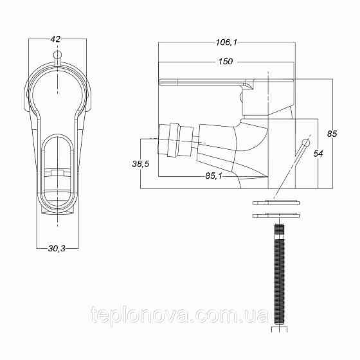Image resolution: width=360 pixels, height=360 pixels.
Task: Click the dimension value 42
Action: (x=55, y=39)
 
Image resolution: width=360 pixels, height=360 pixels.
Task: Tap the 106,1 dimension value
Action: (x=227, y=42)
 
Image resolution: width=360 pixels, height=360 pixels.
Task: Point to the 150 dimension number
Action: (x=225, y=62)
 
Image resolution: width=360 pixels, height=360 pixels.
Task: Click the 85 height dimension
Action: (x=332, y=134)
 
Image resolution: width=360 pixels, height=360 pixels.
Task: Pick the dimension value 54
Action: (x=317, y=153)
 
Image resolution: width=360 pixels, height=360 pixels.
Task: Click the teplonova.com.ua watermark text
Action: (x=179, y=316)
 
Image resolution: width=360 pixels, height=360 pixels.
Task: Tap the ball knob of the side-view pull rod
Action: (x=305, y=142)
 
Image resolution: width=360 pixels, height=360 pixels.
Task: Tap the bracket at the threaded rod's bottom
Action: (x=278, y=332)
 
